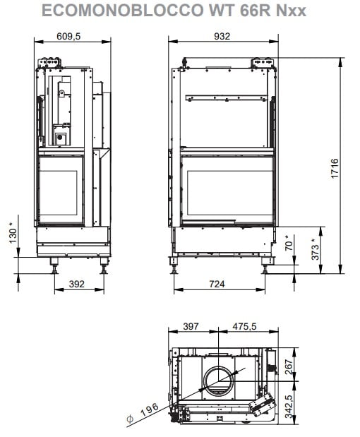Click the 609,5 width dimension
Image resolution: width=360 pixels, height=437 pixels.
point(68,36)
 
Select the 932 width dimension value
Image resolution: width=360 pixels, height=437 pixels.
point(222,36)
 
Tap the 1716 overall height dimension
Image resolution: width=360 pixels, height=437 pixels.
point(335,168)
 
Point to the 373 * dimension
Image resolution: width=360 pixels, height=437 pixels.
point(315,249)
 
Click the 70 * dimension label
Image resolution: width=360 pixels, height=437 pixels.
point(289,242)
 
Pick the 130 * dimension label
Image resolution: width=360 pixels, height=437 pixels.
point(13,232)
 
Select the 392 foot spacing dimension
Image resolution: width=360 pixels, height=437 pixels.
point(77,284)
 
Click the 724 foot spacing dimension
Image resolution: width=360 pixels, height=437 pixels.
point(217,284)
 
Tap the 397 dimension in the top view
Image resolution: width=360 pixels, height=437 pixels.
point(191,326)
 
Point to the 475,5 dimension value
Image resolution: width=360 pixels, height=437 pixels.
point(244,326)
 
